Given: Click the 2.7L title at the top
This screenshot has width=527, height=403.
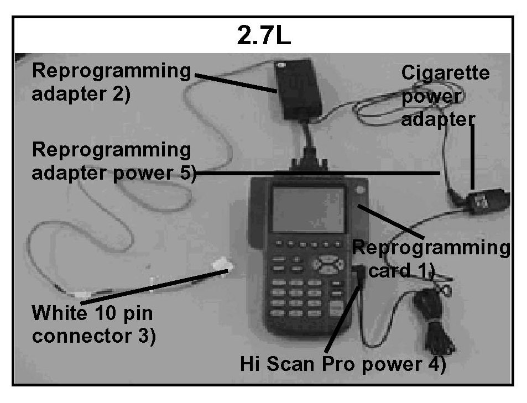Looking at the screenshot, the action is point(264,36).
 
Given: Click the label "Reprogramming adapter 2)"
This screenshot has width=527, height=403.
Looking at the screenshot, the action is point(111,82).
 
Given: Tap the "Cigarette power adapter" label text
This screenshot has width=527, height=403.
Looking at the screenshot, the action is point(445,96).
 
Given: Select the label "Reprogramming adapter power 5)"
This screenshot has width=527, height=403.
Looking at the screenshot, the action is point(113,161).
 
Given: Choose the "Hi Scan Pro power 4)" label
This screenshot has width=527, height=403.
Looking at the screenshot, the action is point(343,364).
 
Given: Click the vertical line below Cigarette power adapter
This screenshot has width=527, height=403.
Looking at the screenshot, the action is point(473,158).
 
